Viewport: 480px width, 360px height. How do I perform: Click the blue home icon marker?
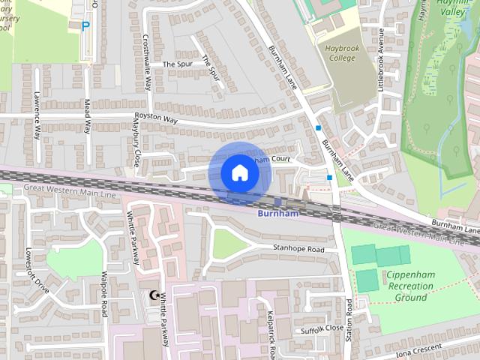click(239, 173)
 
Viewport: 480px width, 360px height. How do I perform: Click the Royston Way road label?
click(156, 118)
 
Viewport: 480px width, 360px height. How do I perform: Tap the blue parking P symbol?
click(85, 25)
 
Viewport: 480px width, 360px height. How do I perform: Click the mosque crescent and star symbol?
click(156, 297)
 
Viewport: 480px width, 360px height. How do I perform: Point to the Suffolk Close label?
click(322, 328)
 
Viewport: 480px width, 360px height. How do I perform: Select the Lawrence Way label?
click(37, 117)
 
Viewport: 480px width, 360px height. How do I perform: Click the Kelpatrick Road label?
click(271, 334)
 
